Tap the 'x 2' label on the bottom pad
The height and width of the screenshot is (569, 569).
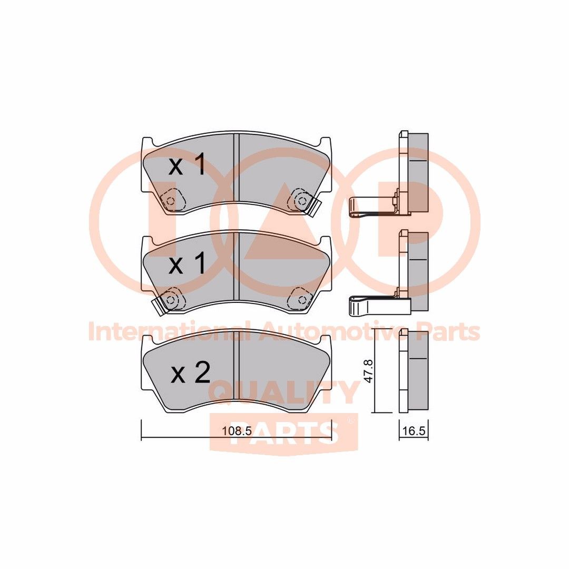[x=190, y=373]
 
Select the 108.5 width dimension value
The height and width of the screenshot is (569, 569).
[x=236, y=430]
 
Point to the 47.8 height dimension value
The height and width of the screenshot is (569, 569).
[x=369, y=371]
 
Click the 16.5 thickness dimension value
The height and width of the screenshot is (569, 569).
[x=414, y=430]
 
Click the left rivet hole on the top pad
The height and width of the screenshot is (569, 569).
[x=170, y=200]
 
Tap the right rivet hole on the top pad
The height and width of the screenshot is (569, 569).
[x=301, y=200]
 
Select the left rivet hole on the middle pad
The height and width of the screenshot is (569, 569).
[x=170, y=299]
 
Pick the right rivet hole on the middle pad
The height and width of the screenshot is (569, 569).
[x=301, y=299]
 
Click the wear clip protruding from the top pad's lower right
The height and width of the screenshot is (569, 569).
[x=316, y=207]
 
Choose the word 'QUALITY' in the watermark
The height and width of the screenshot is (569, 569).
[x=284, y=393]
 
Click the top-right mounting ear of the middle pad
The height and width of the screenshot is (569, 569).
[x=326, y=242]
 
